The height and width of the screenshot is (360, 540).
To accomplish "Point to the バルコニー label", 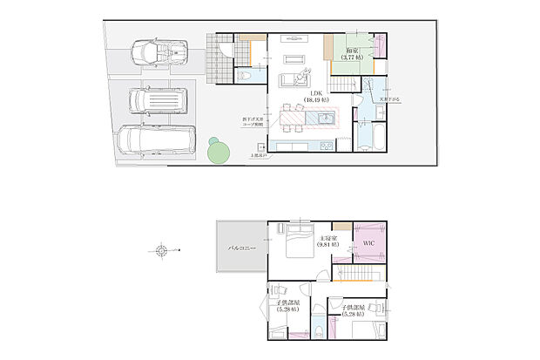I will click(x=242, y=248).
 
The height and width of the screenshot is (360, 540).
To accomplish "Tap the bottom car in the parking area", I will click(x=151, y=139).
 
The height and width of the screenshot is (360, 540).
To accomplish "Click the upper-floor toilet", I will click(x=320, y=329).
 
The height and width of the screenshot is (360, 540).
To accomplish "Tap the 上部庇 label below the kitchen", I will click(x=258, y=155).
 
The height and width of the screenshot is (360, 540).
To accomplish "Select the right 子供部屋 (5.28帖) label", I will click(x=355, y=309).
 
